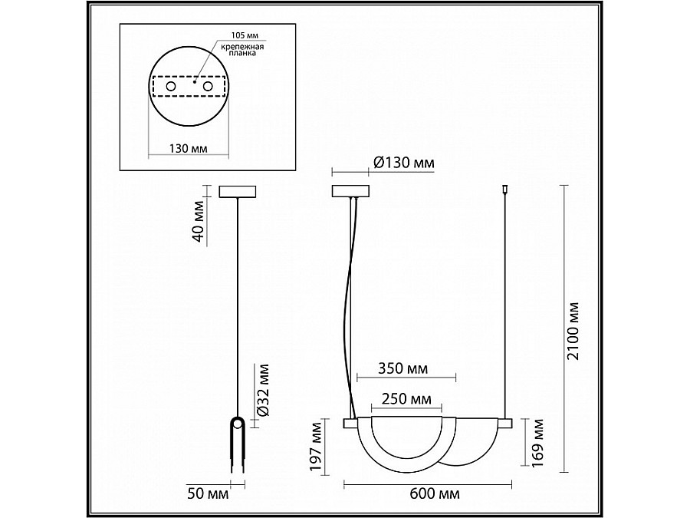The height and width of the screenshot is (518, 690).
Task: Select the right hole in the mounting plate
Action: (x=207, y=87)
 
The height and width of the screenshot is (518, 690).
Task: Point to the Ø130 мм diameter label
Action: (x=404, y=163)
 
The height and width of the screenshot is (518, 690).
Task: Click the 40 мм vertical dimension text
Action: (x=198, y=222)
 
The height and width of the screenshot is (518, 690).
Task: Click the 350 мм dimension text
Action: (x=402, y=369)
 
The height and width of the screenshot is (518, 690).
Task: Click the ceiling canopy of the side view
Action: (x=238, y=191)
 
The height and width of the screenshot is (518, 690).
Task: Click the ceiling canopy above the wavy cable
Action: (x=350, y=191)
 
